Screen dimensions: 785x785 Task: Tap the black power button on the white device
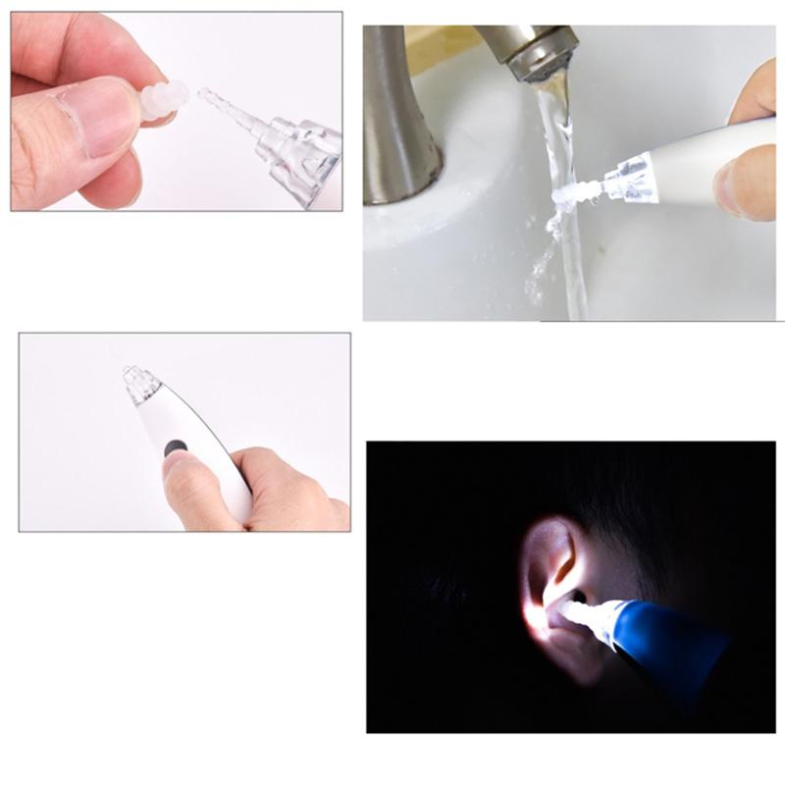[176, 447]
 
